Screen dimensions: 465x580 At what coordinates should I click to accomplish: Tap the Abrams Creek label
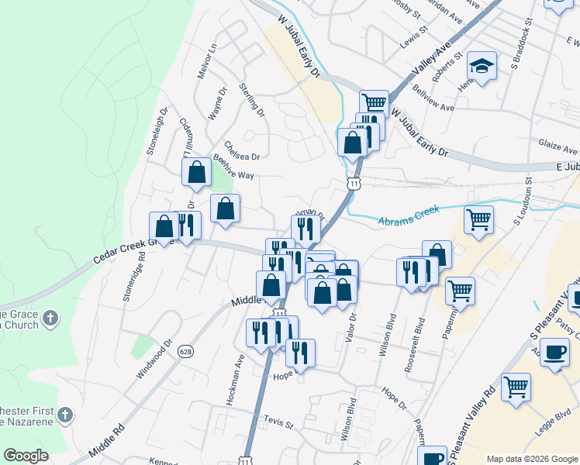[x=409, y=215]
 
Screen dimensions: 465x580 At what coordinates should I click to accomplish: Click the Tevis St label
[x=279, y=425]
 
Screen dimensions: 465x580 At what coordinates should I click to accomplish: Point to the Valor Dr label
[x=354, y=329]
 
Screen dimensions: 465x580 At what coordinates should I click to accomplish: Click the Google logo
[x=26, y=456]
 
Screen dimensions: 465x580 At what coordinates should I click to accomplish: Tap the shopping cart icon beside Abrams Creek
[x=479, y=219]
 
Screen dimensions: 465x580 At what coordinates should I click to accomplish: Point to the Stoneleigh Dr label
[x=156, y=130]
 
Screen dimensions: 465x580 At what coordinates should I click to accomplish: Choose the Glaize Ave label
[x=558, y=146]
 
